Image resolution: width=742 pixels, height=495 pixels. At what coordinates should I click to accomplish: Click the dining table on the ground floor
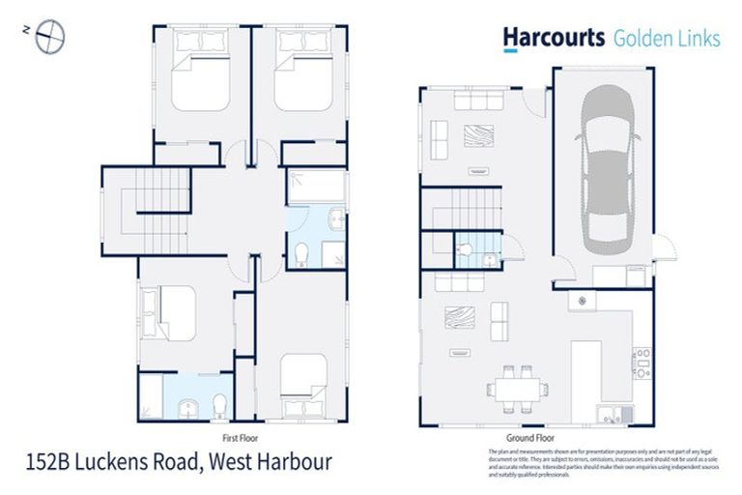518,389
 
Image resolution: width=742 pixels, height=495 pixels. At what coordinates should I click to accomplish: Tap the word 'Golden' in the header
640,38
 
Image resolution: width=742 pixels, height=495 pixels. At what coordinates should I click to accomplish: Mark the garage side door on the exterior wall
662,249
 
